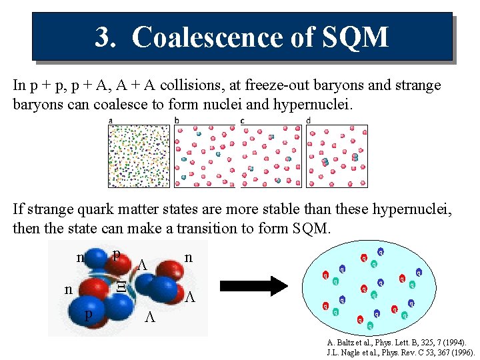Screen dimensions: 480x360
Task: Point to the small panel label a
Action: click(110, 121)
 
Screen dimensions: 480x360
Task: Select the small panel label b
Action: click(177, 121)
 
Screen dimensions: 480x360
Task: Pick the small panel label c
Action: click(243, 121)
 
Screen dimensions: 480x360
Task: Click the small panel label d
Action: click(309, 121)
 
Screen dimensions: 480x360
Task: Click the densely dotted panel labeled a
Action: click(139, 156)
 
